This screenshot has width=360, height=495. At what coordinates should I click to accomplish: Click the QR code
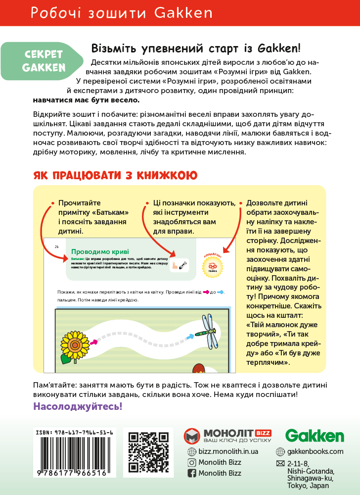[x=149, y=451]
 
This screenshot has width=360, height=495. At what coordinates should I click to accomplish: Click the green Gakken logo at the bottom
[x=315, y=436]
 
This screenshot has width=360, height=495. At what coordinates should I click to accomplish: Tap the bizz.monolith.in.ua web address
[x=228, y=451]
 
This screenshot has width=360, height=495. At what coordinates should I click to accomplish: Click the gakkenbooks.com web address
[x=315, y=451]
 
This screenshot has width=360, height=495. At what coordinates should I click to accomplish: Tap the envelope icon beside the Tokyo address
[x=280, y=464]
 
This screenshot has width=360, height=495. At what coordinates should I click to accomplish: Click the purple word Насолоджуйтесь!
[x=77, y=406]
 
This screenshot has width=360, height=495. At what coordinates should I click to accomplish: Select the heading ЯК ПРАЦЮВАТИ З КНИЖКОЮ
[x=115, y=175]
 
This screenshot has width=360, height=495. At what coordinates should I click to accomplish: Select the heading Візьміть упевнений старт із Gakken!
[x=196, y=49]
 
